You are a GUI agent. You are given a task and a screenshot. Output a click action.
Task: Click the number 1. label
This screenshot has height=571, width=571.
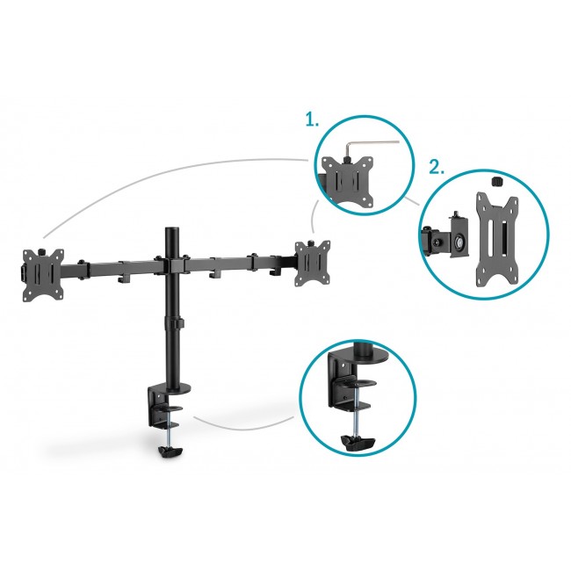pos(313,120)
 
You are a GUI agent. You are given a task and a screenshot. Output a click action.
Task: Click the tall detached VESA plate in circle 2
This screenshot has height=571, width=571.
pos(493,237)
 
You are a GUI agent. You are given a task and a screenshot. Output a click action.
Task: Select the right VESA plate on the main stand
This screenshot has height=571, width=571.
pos(314,263)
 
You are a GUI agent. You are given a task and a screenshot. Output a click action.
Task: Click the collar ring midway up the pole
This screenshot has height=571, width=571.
pos(172,326)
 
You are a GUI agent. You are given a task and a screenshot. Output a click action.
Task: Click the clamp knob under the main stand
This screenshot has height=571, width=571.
pos(170,452)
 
